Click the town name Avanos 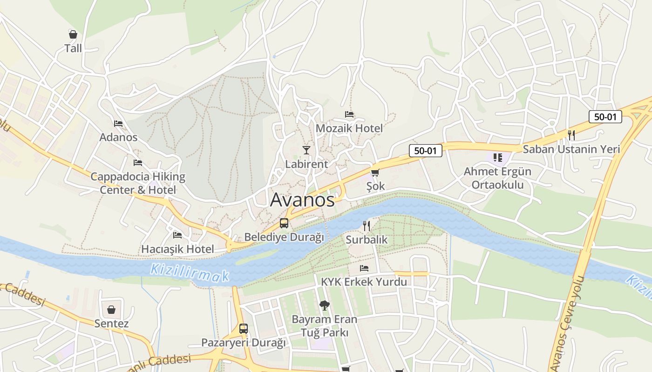coord(302,200)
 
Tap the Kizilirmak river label coord(190,272)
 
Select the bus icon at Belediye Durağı coord(284,223)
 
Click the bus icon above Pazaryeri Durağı coord(244,329)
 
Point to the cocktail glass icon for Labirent coord(306,150)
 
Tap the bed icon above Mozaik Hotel coord(349,114)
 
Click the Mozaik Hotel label coord(349,128)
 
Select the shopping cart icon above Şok coord(375,173)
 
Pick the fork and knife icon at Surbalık coord(367,226)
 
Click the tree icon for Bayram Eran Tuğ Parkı coord(324,306)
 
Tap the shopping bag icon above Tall coord(73,34)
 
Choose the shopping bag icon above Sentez coord(111,310)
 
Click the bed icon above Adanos coord(118,124)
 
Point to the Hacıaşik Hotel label coord(177,249)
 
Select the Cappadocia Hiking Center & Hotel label coord(138,183)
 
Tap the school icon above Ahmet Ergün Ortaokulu coord(497,158)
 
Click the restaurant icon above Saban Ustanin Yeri coord(571,135)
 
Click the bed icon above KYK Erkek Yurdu coord(364,268)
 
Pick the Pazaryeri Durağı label coord(243,343)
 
